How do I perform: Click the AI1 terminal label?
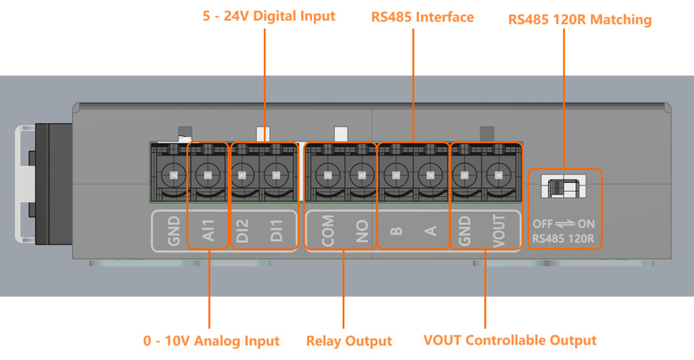tap(208, 230)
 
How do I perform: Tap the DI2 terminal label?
tap(244, 230)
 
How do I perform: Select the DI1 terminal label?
tap(276, 230)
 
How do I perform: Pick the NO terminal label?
tap(361, 230)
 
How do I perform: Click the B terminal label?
tap(396, 231)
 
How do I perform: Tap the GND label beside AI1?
tap(175, 230)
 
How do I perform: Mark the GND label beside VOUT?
tap(466, 230)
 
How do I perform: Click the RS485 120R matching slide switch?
tap(564, 187)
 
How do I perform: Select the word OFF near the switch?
tap(545, 223)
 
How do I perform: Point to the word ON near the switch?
tap(586, 223)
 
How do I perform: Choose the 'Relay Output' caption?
tap(349, 341)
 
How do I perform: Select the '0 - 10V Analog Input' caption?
tap(211, 341)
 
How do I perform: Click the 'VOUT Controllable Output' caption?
tap(510, 341)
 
